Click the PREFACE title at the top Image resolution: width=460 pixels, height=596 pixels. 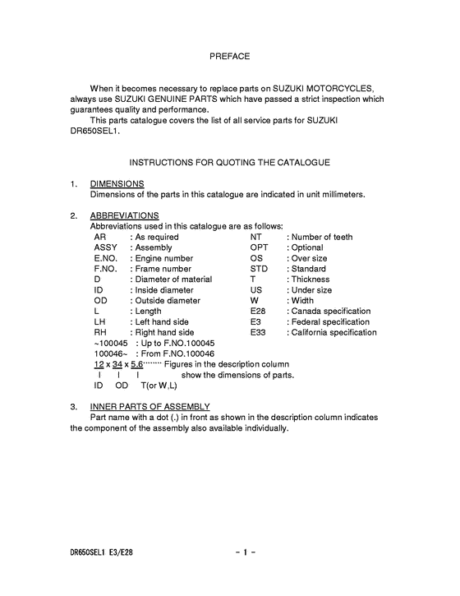click(x=229, y=56)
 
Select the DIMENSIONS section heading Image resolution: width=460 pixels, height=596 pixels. click(x=117, y=183)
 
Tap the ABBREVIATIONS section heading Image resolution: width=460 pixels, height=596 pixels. click(x=124, y=215)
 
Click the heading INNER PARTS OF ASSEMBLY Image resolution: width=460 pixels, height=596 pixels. click(x=149, y=407)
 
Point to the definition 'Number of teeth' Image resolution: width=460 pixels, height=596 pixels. click(x=322, y=237)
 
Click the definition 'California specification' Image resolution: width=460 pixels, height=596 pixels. click(x=334, y=333)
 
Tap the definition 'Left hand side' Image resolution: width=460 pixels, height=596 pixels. click(x=163, y=322)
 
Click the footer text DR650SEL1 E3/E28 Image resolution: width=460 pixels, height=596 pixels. click(x=101, y=552)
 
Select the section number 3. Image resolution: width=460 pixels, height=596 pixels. click(x=74, y=407)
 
